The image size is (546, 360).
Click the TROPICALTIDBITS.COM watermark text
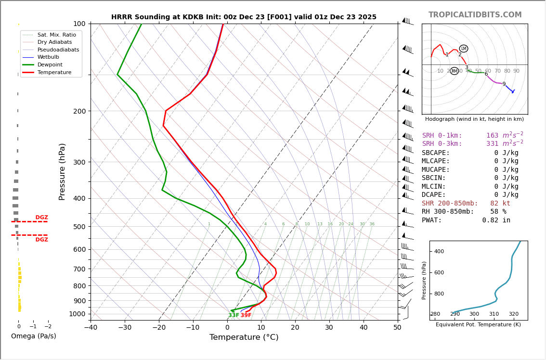[475, 15]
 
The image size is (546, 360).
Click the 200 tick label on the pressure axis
[79, 111]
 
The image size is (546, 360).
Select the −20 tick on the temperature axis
[159, 328]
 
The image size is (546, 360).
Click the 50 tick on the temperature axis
[397, 328]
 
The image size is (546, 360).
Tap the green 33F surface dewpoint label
[234, 315]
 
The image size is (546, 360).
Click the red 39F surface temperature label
[246, 315]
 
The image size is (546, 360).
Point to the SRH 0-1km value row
[472, 136]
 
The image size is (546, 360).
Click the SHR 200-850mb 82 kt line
[466, 204]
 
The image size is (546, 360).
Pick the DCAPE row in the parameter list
[470, 195]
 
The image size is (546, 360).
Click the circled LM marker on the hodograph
[464, 49]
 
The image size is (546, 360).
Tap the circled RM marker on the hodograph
[454, 71]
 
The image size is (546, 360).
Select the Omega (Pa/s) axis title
[33, 336]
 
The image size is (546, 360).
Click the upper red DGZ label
[41, 218]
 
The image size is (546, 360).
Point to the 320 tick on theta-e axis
[514, 314]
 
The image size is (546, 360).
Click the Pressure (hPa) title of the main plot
[63, 171]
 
